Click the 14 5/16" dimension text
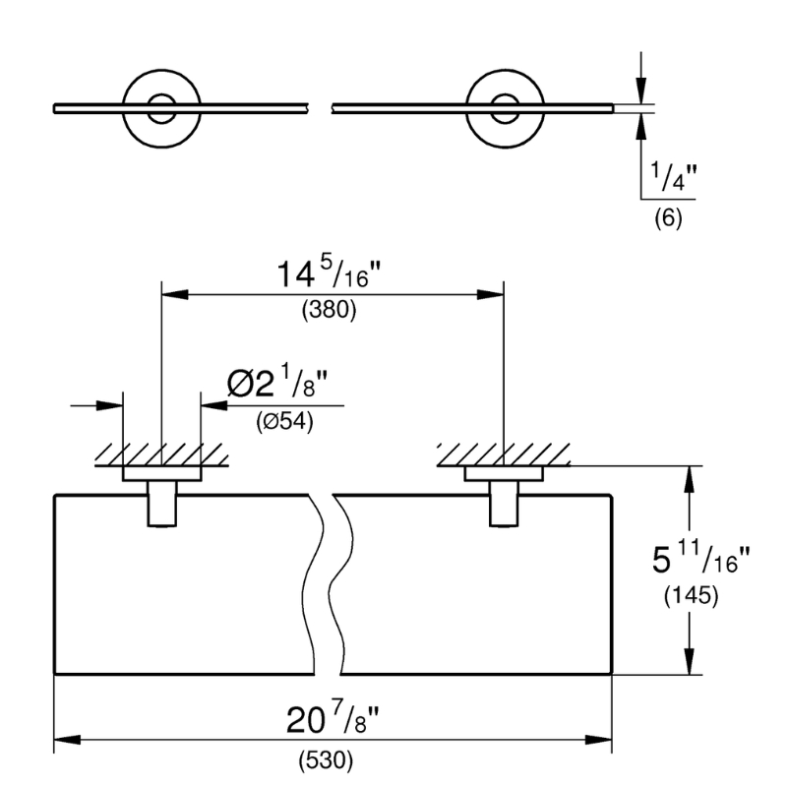click(329, 273)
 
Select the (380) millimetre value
click(329, 310)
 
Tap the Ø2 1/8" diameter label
click(277, 383)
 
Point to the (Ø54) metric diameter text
click(284, 421)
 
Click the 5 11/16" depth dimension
click(701, 559)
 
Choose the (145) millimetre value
click(692, 596)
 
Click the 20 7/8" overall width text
click(333, 719)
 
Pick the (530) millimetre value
click(326, 760)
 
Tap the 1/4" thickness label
click(674, 177)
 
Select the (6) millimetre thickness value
click(668, 218)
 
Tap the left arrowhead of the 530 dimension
click(67, 740)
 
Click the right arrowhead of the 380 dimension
click(490, 294)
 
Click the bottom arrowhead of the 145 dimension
click(690, 661)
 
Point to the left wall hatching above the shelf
click(161, 454)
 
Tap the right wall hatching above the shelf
click(504, 454)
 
